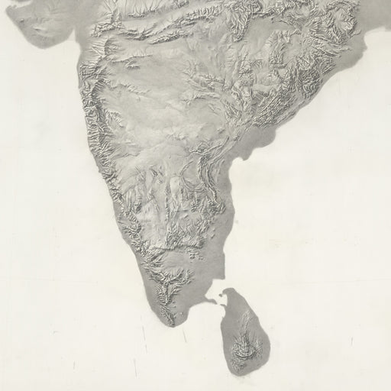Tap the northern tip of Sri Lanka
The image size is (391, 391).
(221, 291)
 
